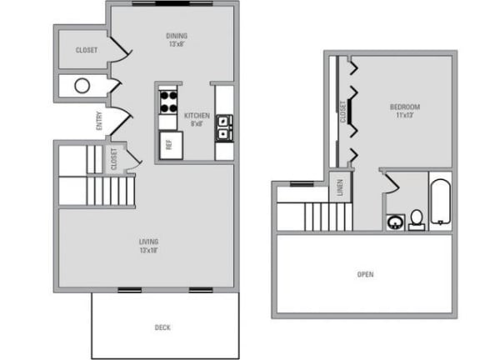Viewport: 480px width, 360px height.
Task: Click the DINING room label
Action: pos(177,36)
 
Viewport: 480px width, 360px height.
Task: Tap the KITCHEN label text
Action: pos(197,116)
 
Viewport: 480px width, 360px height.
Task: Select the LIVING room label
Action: pos(149,242)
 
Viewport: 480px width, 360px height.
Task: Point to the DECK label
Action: pos(162,327)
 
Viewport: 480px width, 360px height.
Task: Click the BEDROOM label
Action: pos(405,107)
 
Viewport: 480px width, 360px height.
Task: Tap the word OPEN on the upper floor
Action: pos(366,274)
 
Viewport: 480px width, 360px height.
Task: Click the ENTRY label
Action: pos(99,121)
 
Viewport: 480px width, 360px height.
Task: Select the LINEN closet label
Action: pos(340,187)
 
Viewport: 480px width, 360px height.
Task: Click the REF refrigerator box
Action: pos(171,145)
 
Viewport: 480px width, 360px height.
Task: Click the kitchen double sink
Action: pos(224,128)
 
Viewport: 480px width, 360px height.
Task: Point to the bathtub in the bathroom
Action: pos(441,202)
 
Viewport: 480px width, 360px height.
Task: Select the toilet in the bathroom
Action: pos(417,220)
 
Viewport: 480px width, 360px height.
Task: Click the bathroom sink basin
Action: pos(396,222)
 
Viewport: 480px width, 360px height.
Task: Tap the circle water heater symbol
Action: pos(82,86)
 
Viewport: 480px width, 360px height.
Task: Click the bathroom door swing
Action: pos(392,182)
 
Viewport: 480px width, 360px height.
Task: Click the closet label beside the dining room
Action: pos(87,50)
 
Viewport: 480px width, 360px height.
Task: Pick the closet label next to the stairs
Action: pos(114,159)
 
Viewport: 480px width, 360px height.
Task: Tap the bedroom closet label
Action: pos(342,112)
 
